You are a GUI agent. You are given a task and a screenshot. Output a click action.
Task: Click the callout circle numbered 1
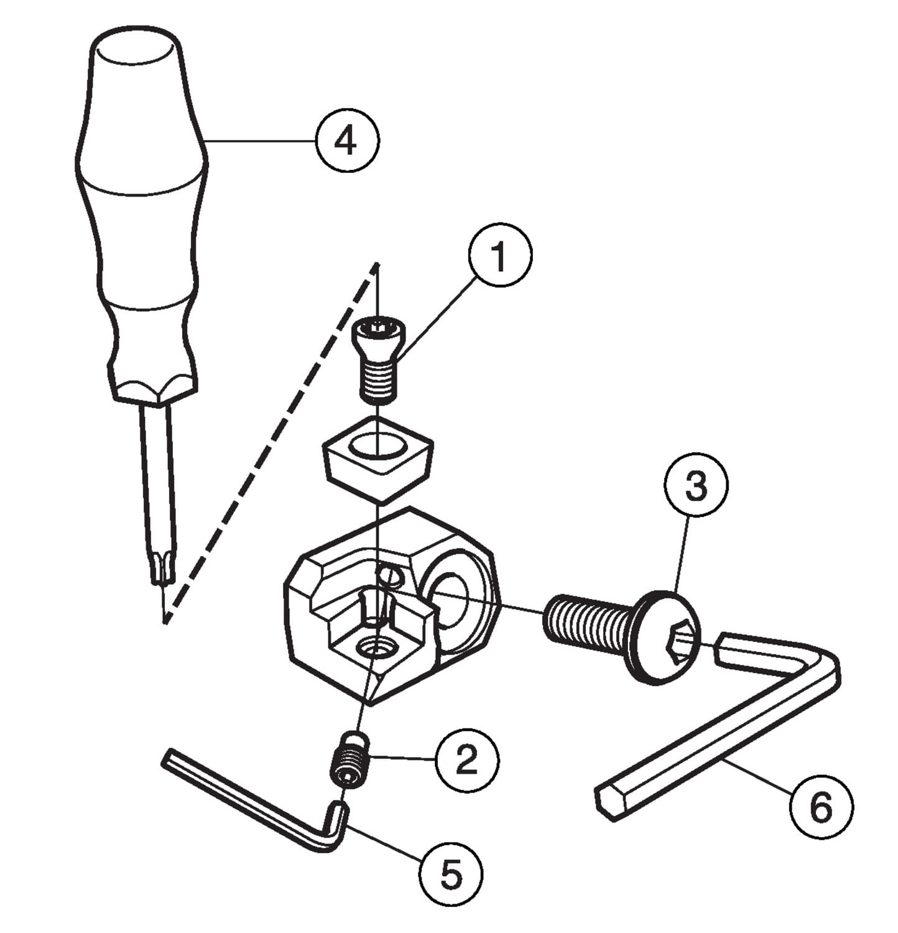tap(501, 256)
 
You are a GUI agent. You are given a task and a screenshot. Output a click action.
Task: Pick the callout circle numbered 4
tap(346, 141)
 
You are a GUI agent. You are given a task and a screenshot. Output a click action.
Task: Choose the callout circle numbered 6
tap(822, 807)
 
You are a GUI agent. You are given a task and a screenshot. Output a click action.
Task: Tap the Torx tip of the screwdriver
tap(161, 568)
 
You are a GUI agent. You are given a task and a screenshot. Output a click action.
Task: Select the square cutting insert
tap(377, 457)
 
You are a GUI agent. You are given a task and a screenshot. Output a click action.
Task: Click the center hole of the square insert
tap(377, 447)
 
